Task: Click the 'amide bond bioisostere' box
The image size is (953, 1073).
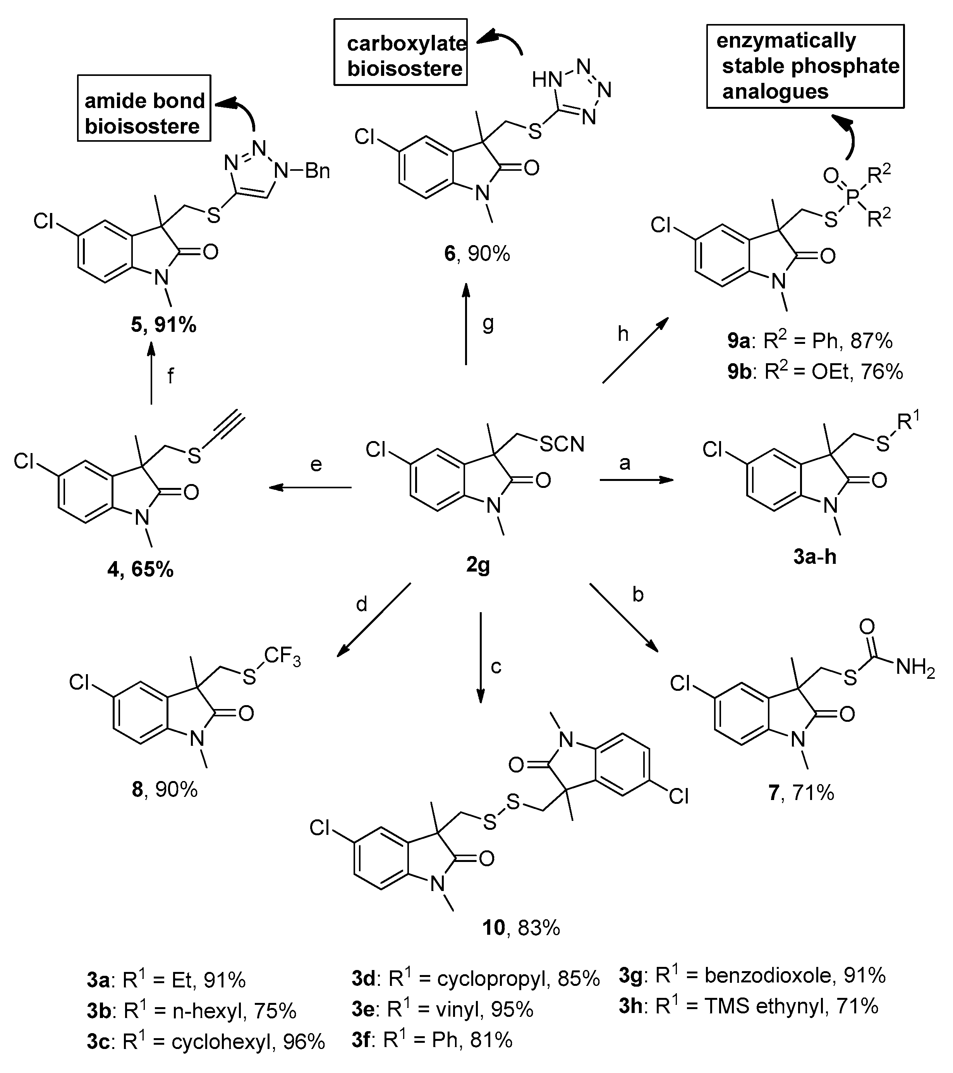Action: coord(144,108)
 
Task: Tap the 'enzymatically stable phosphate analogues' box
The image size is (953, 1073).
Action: coord(805,66)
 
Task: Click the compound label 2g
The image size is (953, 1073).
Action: coord(477,565)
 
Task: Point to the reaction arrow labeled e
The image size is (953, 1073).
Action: coord(310,488)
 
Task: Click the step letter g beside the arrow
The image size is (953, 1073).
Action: coord(488,323)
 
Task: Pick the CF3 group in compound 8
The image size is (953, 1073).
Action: coord(282,656)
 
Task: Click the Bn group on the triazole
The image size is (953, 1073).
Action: coord(317,171)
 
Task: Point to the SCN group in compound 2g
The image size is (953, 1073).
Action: coord(561,444)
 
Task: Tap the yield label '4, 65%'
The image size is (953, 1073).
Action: coord(140,569)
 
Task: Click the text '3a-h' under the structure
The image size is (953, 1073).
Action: coord(814,556)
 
